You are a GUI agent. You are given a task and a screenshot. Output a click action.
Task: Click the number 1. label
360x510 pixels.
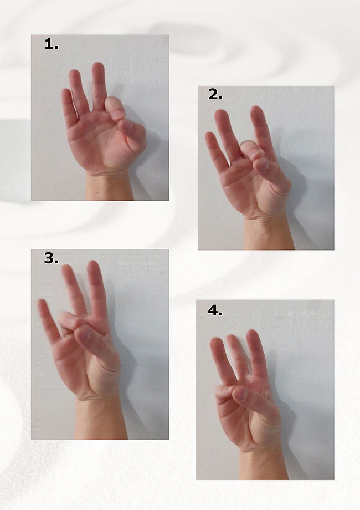click(x=52, y=44)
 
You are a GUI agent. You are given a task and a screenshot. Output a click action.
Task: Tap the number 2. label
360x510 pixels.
click(x=215, y=95)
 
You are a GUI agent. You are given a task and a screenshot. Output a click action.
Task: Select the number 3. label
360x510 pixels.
click(x=52, y=258)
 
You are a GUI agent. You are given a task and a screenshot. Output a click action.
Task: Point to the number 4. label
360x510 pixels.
click(x=215, y=310)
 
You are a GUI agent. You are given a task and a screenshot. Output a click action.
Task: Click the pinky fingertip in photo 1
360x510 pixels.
click(x=66, y=93)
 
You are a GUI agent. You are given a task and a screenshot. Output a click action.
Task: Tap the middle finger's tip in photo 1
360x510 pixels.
click(x=98, y=67)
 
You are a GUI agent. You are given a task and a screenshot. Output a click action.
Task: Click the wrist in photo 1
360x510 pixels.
click(x=109, y=187)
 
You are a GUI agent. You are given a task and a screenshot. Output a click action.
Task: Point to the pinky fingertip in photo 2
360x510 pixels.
click(x=210, y=136)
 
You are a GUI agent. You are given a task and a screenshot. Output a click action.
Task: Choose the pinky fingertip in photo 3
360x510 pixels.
click(x=42, y=304)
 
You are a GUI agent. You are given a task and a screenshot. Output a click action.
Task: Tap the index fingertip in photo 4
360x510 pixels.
click(x=252, y=335)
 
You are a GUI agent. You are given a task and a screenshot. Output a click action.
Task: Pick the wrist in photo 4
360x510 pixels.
click(x=264, y=465)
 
